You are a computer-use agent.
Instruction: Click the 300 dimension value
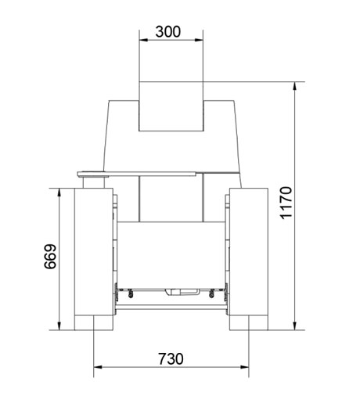tap(167, 31)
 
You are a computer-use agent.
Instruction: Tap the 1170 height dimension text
tap(286, 203)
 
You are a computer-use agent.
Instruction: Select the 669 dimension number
tap(50, 257)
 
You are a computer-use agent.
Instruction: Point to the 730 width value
tap(171, 359)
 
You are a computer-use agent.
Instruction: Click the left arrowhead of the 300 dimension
tap(143, 40)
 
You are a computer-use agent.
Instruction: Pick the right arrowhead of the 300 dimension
tap(199, 40)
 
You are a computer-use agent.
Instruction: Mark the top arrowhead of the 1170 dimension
tap(295, 86)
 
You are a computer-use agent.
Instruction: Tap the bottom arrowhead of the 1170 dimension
tap(295, 326)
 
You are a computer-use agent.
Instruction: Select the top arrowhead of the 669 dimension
tap(59, 193)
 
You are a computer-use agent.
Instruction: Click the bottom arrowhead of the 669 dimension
tap(59, 326)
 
